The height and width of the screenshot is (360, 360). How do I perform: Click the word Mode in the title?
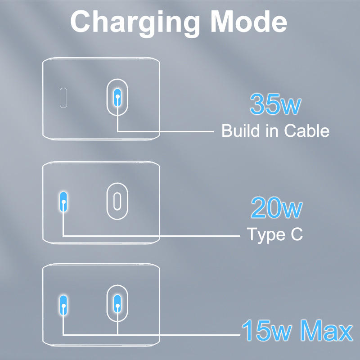[249, 22]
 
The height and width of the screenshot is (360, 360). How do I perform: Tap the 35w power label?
[275, 104]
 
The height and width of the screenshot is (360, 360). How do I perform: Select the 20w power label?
[276, 208]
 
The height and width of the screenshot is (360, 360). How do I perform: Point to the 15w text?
[267, 331]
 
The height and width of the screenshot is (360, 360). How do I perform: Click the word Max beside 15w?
[326, 331]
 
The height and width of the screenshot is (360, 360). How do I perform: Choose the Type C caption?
[274, 234]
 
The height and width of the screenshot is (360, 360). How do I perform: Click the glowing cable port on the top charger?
[117, 96]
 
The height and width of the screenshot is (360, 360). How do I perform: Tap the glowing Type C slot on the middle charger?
[64, 201]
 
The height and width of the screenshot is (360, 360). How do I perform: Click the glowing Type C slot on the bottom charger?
[64, 306]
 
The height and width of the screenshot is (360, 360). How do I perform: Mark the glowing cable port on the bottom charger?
[118, 306]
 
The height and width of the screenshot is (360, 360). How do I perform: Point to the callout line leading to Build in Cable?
[171, 131]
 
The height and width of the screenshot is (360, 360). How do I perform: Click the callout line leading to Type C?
[153, 235]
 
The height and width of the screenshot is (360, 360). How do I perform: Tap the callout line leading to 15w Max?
[180, 334]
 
